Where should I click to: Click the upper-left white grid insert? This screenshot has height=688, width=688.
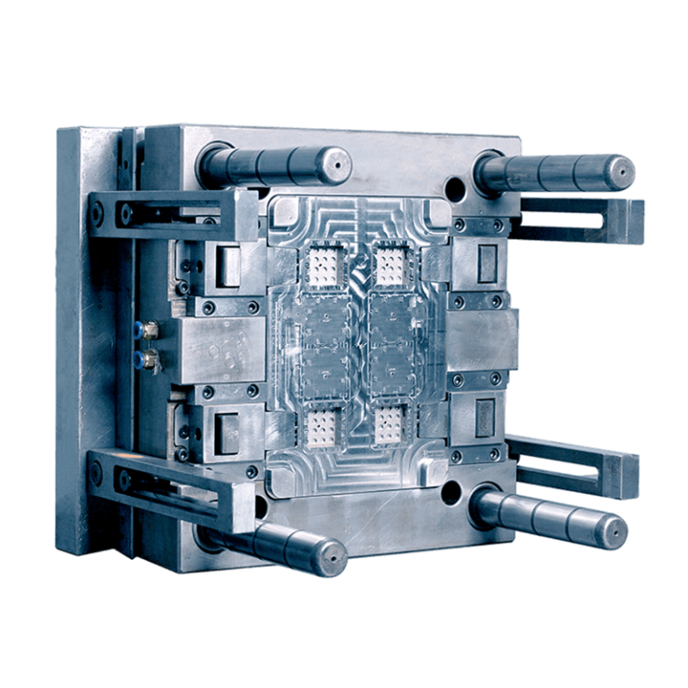pyautogui.click(x=322, y=264)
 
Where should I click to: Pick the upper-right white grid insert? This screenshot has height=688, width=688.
pyautogui.click(x=391, y=264)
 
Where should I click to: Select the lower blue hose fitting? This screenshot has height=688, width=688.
pyautogui.click(x=144, y=361)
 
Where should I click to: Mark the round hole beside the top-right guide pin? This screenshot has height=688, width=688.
pyautogui.click(x=456, y=190)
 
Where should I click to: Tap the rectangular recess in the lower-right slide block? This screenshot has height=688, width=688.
pyautogui.click(x=486, y=416)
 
